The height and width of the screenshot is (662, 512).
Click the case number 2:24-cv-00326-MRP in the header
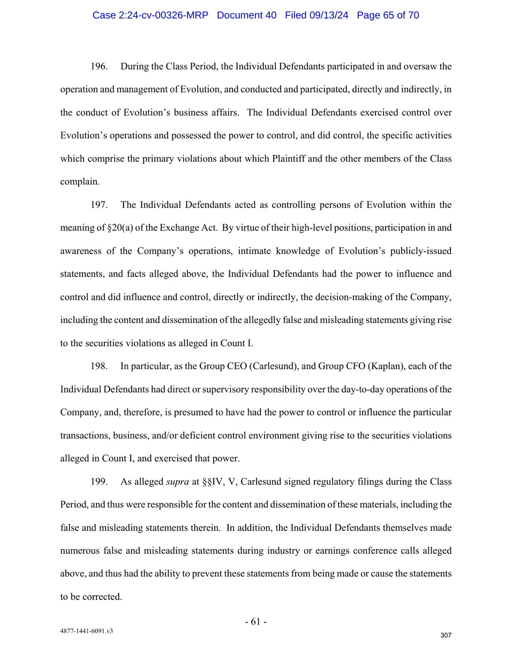150,16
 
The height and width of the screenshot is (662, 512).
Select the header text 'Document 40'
246,16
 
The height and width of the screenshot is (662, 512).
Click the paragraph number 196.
99,66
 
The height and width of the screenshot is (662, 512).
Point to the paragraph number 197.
99,205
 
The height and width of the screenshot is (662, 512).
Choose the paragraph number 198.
99,366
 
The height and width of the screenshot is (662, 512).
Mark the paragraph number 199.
99,482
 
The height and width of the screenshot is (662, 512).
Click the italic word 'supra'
177,482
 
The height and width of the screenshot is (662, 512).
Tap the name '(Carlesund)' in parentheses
273,366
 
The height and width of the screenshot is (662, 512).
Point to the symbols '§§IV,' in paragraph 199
213,482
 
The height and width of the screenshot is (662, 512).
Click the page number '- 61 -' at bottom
255,621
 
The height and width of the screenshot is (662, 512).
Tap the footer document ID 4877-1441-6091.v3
86,631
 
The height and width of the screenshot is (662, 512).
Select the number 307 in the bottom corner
446,635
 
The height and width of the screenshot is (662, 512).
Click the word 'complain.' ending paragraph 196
80,182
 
